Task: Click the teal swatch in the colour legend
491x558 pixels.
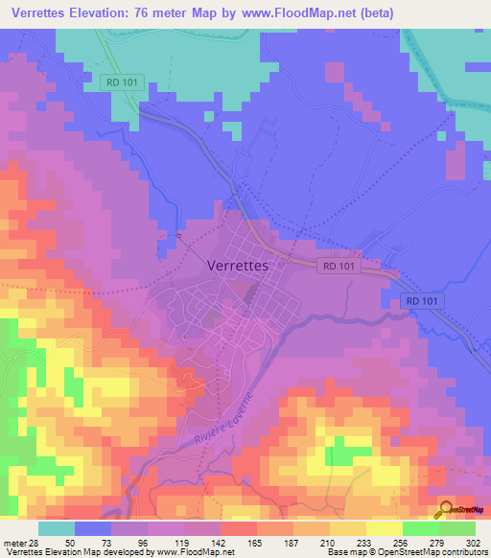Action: pos(57,527)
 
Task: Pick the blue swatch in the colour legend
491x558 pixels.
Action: pos(93,527)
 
